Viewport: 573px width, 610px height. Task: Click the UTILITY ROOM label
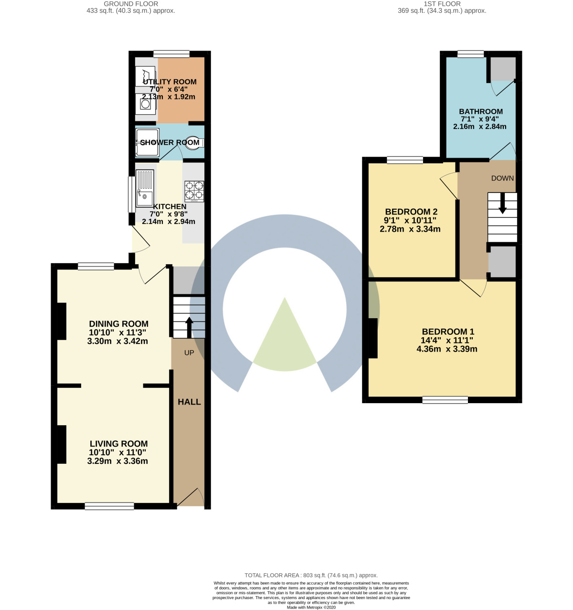(170, 82)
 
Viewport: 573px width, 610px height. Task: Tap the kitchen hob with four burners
(194, 191)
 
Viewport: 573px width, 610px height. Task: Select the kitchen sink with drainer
(145, 189)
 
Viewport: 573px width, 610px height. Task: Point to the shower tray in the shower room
(147, 142)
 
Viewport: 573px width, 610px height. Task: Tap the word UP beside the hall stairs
(189, 353)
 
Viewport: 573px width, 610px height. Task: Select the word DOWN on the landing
(502, 178)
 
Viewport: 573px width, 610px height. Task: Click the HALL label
(189, 402)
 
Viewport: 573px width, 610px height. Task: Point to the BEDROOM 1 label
(447, 332)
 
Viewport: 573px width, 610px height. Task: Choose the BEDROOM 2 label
(411, 212)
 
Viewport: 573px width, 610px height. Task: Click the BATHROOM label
(480, 111)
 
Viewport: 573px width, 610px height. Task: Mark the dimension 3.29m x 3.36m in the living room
(117, 461)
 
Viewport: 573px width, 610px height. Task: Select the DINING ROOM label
(118, 323)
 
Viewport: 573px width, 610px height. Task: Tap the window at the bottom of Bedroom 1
(445, 400)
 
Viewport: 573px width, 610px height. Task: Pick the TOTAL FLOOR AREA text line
(311, 575)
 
